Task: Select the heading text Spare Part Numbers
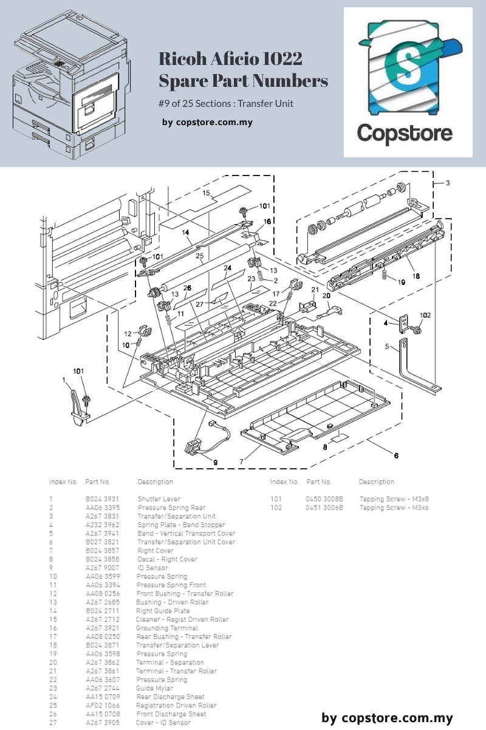(243, 81)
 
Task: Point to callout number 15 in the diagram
(207, 193)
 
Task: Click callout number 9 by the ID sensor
(214, 462)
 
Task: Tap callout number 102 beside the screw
(425, 315)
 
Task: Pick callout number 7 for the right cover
(241, 462)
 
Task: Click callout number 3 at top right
(448, 183)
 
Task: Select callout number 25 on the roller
(199, 257)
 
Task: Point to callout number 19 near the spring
(401, 282)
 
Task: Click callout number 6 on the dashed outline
(396, 456)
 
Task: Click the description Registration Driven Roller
(176, 706)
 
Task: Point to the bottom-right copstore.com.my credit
(388, 718)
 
